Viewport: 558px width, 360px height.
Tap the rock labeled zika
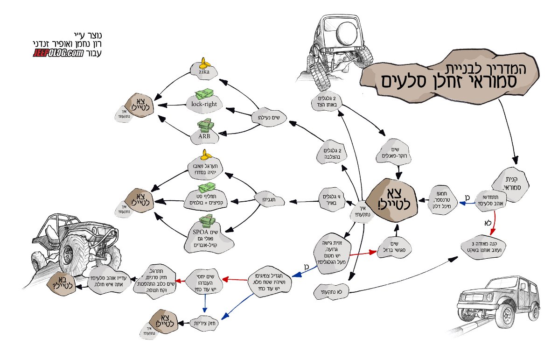[x=203, y=72]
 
